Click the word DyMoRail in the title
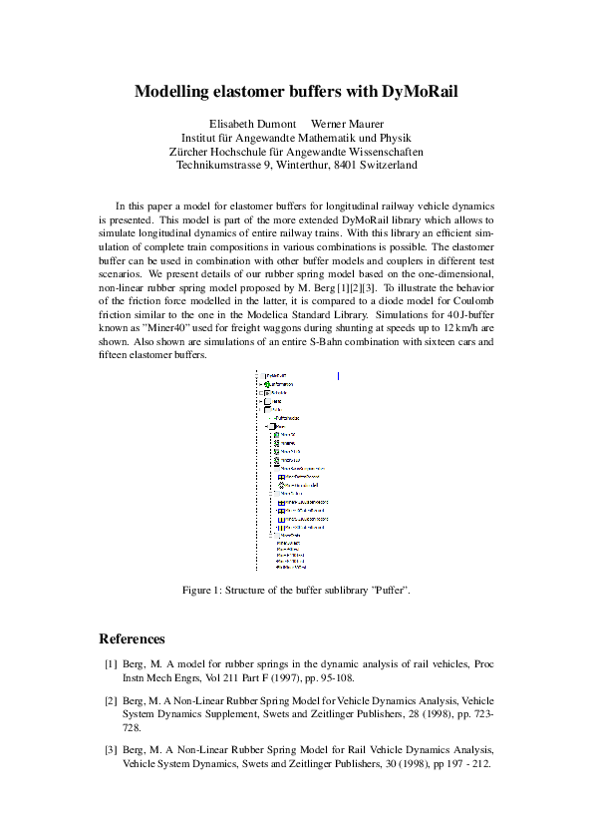(420, 92)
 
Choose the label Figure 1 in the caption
(207, 591)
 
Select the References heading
(133, 638)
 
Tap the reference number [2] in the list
(111, 701)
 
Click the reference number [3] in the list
(111, 748)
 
